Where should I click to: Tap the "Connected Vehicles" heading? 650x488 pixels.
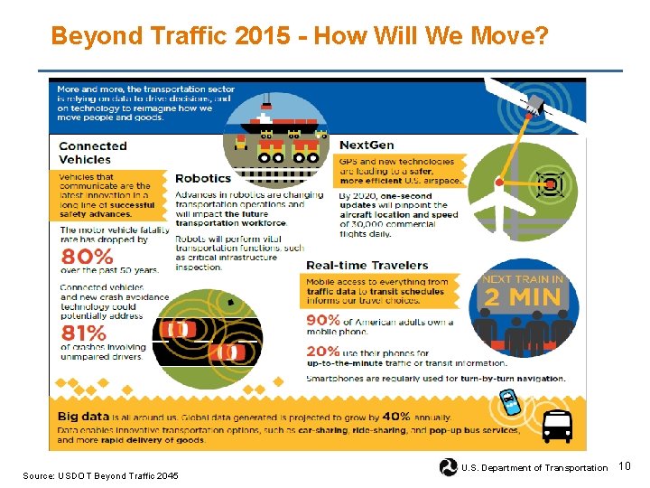pyautogui.click(x=93, y=153)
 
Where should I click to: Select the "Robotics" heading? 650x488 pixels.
pyautogui.click(x=203, y=179)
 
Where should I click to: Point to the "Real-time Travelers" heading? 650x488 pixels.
pyautogui.click(x=355, y=265)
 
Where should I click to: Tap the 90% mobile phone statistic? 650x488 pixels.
pyautogui.click(x=323, y=320)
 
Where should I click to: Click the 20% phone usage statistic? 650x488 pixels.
pyautogui.click(x=323, y=352)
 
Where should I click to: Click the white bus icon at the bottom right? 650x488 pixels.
pyautogui.click(x=556, y=424)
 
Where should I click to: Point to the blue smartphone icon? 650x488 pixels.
pyautogui.click(x=509, y=402)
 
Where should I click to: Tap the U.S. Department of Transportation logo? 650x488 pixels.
pyautogui.click(x=448, y=467)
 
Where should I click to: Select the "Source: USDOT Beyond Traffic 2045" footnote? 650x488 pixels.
pyautogui.click(x=100, y=476)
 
